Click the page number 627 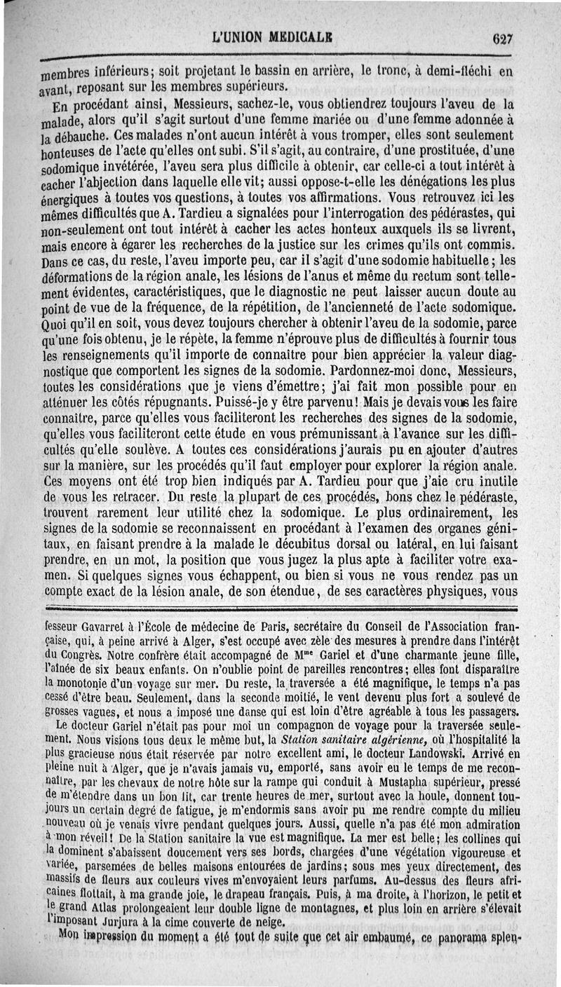point(502,39)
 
